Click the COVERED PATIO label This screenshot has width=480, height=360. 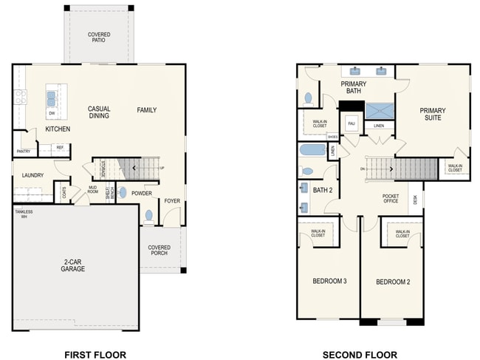(98, 37)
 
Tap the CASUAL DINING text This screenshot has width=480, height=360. (99, 112)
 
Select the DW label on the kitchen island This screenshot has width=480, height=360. (52, 113)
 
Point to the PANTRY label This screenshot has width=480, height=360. (23, 152)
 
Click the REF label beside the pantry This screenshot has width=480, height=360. (60, 147)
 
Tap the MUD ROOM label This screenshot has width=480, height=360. (93, 190)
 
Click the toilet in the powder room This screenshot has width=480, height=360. (149, 216)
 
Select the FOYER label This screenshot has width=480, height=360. (171, 200)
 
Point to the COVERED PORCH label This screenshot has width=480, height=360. (159, 250)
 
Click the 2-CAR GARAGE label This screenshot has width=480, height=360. (73, 265)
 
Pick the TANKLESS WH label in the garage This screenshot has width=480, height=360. (24, 214)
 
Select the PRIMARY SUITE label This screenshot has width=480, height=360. (433, 115)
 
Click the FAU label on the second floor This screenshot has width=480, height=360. (352, 123)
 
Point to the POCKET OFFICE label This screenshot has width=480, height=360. (390, 198)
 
